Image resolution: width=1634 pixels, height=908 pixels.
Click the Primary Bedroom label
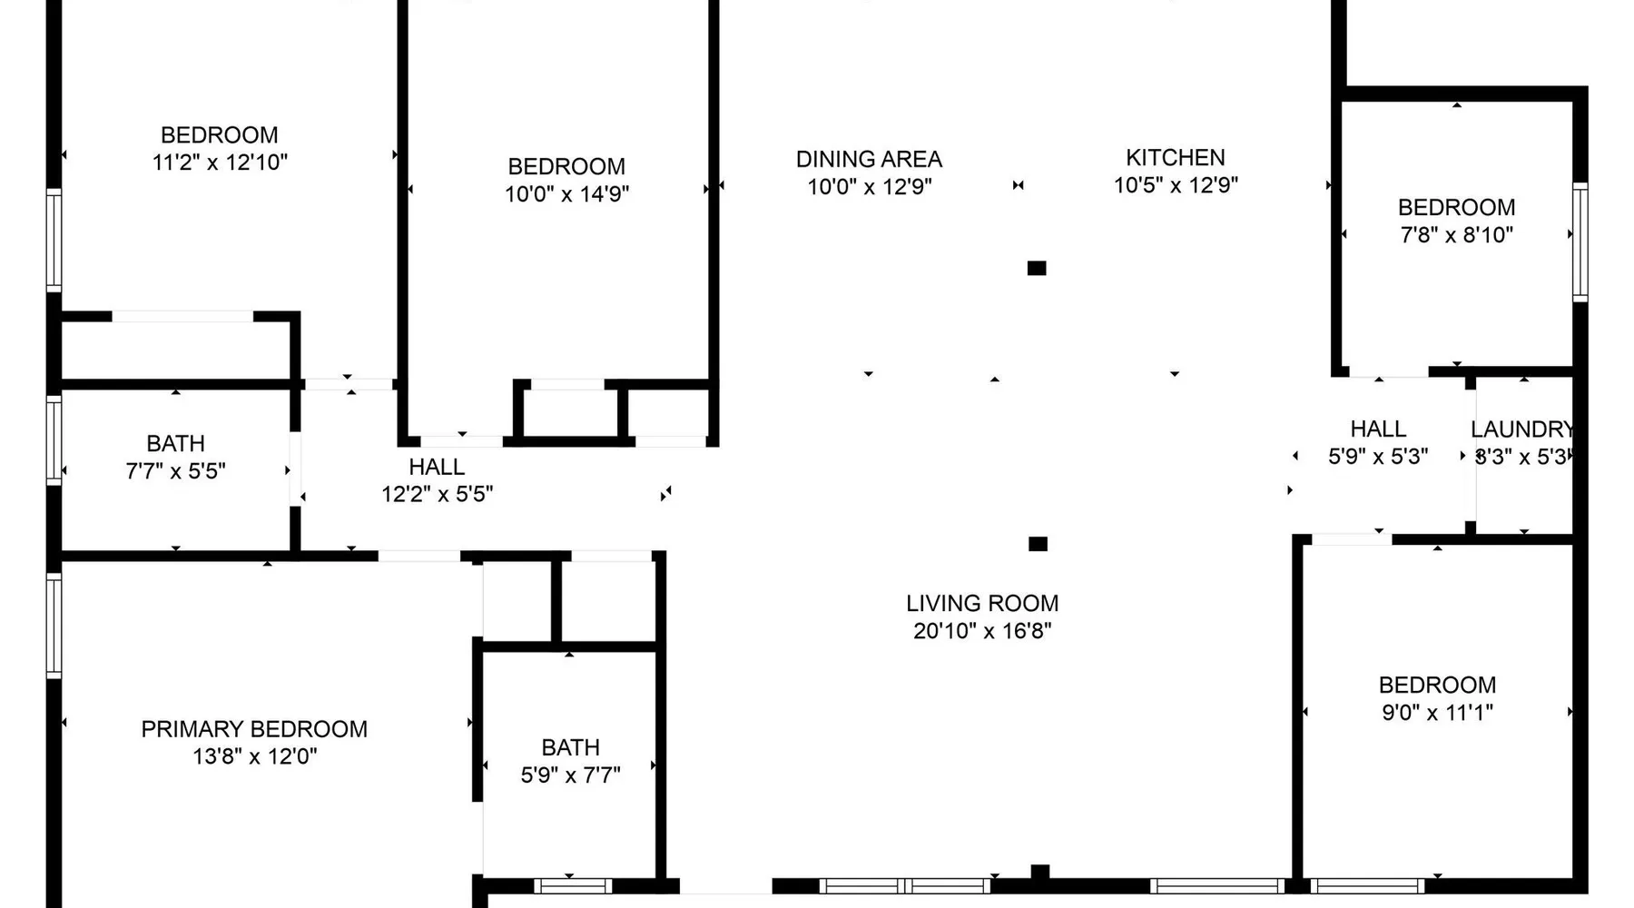coord(254,729)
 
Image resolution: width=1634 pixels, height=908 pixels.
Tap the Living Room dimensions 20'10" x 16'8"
coord(982,631)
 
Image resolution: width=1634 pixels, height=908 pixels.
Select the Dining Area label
coord(869,160)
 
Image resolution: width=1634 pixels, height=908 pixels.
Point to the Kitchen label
coord(1176,158)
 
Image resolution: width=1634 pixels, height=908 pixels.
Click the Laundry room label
coord(1521,429)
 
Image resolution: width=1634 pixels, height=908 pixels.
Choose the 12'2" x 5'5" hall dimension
coord(438,494)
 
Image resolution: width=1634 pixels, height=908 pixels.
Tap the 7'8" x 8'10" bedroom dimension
coord(1457,235)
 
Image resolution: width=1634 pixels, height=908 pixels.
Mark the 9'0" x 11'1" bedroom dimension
coord(1437,713)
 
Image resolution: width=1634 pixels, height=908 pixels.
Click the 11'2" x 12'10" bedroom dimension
coord(220,163)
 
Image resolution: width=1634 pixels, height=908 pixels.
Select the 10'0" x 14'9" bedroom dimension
coord(566,194)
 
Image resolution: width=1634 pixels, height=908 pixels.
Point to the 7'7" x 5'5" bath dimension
coord(175,471)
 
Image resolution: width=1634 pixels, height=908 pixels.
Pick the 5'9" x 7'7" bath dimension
coord(570,775)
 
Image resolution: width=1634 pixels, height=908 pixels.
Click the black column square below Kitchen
coord(1037,268)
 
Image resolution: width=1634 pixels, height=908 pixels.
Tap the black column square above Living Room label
coord(1038,544)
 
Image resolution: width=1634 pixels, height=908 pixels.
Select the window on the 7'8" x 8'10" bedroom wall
coord(1580,242)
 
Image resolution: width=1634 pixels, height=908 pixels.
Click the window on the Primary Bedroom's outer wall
coord(54,626)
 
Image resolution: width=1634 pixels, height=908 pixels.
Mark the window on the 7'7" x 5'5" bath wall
coord(54,440)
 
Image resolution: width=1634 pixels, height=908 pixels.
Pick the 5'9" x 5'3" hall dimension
coord(1378,457)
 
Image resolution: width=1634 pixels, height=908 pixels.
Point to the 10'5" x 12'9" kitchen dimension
coord(1176,185)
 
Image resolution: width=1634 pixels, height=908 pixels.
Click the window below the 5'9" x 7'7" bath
coord(573,885)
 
